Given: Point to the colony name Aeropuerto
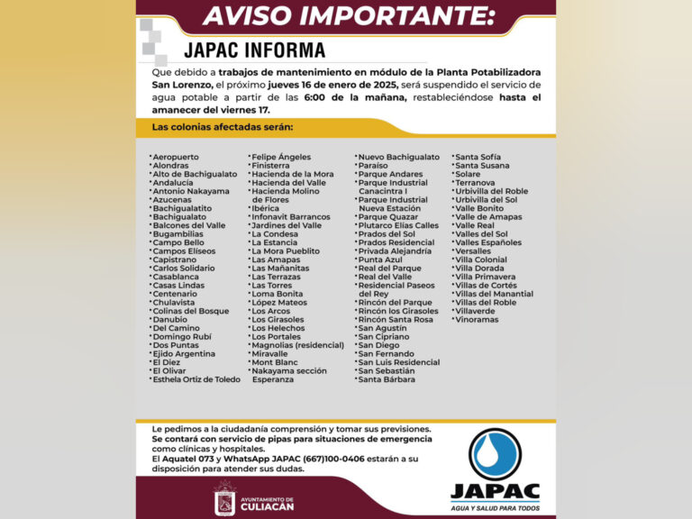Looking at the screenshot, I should (x=176, y=157).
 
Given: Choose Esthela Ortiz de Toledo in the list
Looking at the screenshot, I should (x=196, y=379).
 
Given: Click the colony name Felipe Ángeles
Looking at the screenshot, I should (x=281, y=157).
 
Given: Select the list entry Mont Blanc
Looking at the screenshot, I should (x=274, y=362).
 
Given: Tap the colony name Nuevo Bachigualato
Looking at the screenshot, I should (x=398, y=157).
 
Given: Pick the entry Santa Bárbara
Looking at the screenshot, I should (x=387, y=379).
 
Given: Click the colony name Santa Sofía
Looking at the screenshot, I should (x=478, y=157).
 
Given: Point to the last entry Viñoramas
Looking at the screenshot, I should (x=477, y=319).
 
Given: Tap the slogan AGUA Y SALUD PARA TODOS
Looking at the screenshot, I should (x=495, y=508).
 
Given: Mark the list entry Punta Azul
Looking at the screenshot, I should (x=380, y=259).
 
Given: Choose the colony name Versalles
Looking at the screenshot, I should (x=473, y=251).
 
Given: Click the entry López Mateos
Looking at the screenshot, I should (x=279, y=303).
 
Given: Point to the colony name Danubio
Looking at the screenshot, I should (x=170, y=319).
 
